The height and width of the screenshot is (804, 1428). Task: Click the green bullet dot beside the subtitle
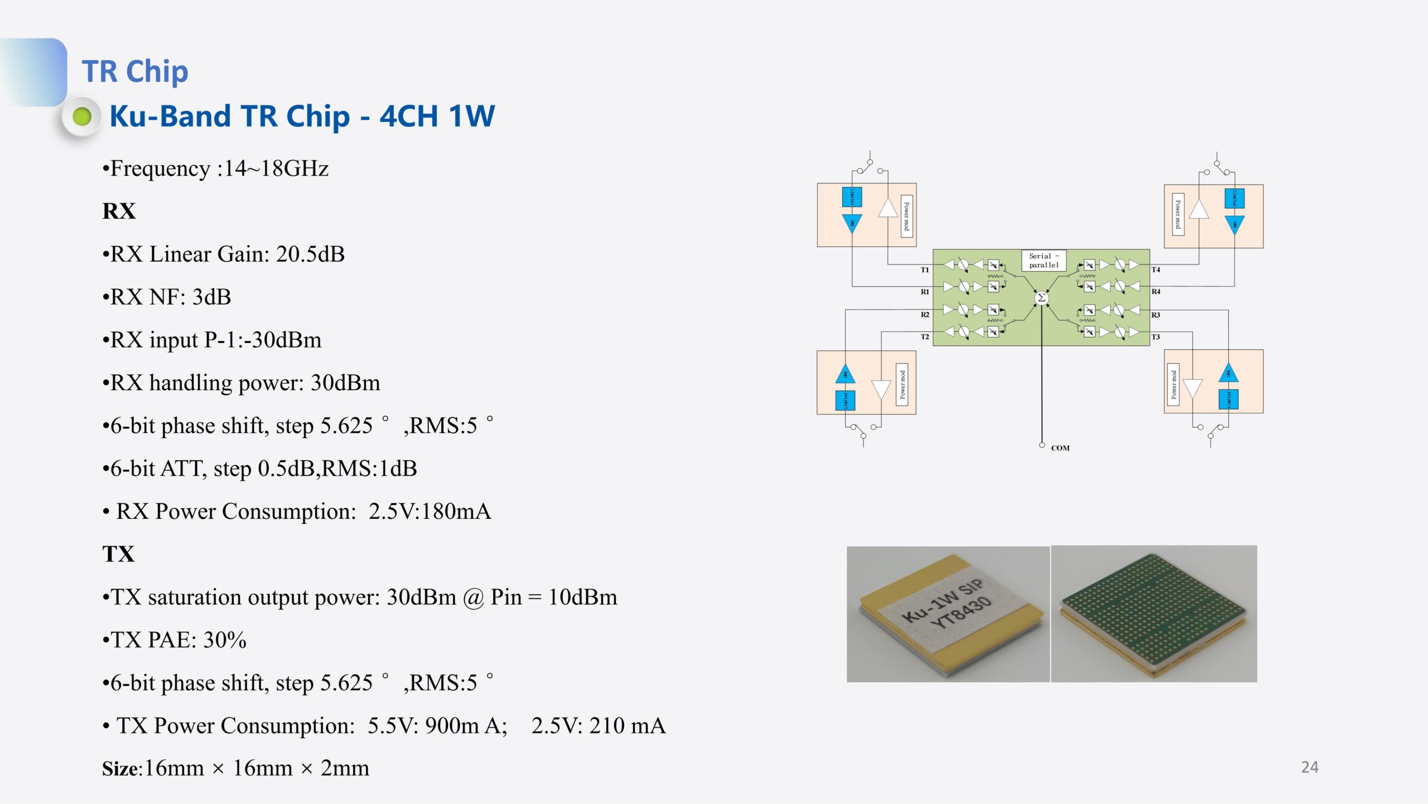coord(82,117)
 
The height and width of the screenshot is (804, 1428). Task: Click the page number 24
coord(1309,767)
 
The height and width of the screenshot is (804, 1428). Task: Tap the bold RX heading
coord(119,211)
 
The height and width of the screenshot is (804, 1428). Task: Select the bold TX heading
coord(118,554)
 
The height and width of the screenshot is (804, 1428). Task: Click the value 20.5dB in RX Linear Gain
coord(310,254)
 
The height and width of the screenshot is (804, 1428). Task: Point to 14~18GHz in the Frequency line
coord(276,168)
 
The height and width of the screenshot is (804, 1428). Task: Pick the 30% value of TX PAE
coord(224,639)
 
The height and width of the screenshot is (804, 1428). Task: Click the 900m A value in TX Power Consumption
coord(466,725)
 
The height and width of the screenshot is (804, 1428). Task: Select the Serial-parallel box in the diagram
coord(1043,261)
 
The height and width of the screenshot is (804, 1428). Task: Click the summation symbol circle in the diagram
coord(1041,298)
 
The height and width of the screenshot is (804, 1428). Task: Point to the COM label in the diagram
coord(1060,447)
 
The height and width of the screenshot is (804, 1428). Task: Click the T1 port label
coord(924,269)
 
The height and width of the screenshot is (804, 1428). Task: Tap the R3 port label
coord(1155,315)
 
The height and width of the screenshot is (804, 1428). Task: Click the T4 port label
coord(1155,269)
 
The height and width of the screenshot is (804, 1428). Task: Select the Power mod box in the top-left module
coord(906,216)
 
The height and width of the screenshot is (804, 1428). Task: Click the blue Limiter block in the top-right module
coord(1234,198)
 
